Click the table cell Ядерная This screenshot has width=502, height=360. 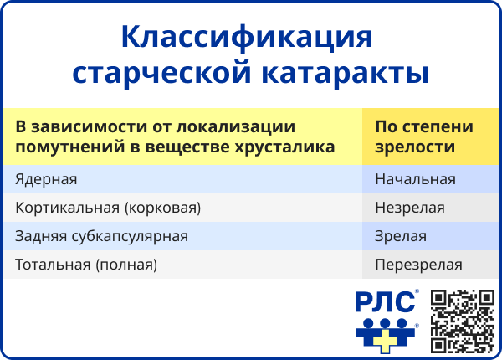[x=46, y=179]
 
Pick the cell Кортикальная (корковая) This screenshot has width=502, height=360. [x=108, y=208]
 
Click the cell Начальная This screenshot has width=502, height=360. [x=415, y=179]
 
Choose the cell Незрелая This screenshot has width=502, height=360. [x=410, y=208]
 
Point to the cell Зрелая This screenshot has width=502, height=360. [x=401, y=236]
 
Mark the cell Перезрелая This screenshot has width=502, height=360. [x=418, y=265]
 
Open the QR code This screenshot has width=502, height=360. [x=463, y=321]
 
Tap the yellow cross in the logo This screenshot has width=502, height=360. [x=385, y=338]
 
